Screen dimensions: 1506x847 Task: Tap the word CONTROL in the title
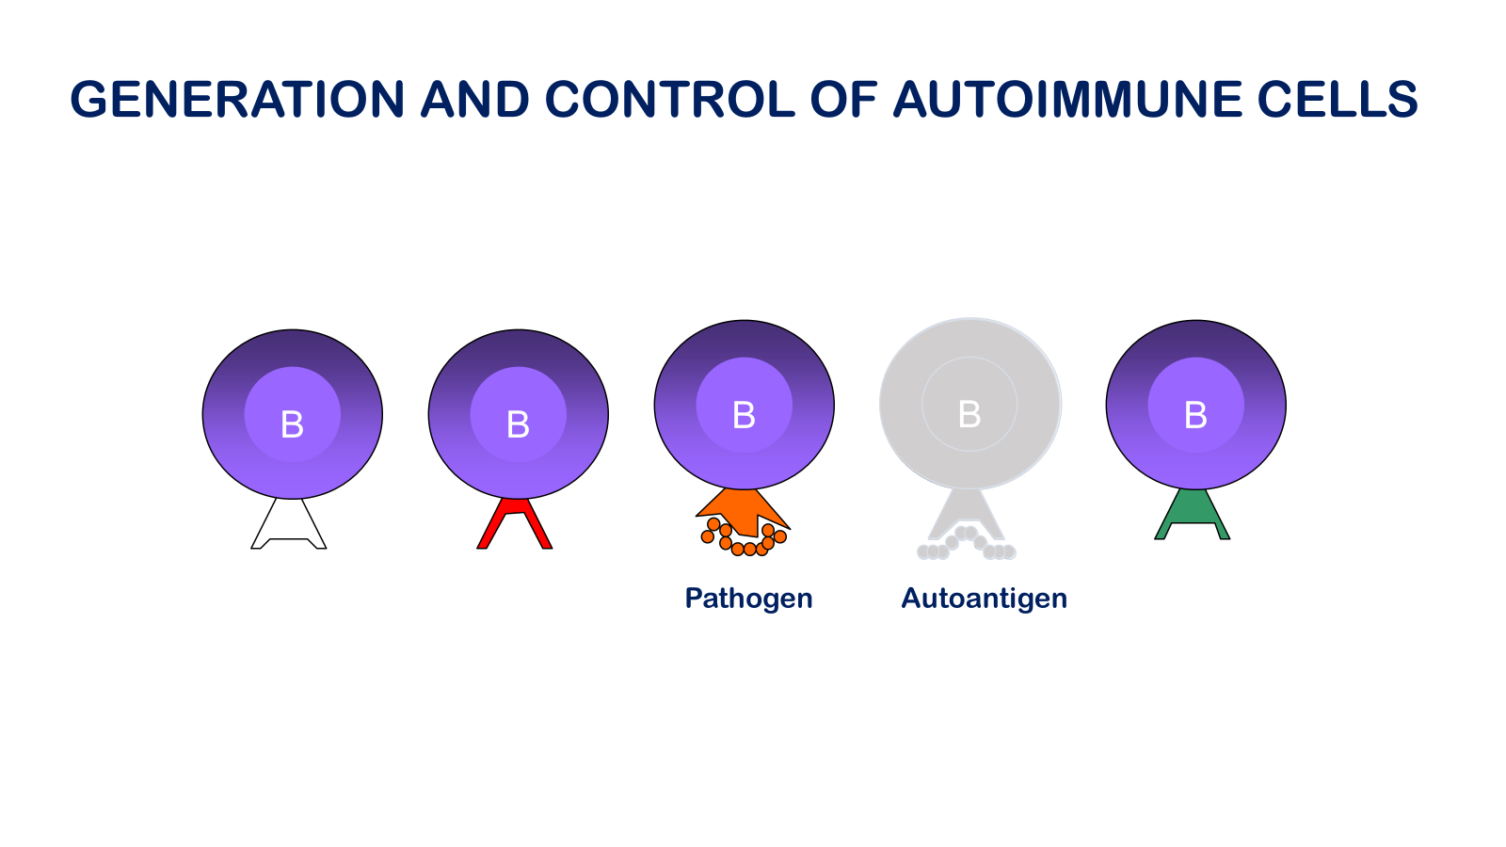pyautogui.click(x=670, y=100)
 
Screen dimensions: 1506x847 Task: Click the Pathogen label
pyautogui.click(x=748, y=599)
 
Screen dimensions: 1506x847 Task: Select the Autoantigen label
pyautogui.click(x=984, y=599)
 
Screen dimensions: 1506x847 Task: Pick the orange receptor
pyautogui.click(x=743, y=509)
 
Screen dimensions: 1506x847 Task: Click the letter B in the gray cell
pyautogui.click(x=969, y=414)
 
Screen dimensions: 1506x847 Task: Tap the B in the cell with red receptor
pyautogui.click(x=518, y=424)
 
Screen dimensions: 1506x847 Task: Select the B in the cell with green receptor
pyautogui.click(x=1195, y=415)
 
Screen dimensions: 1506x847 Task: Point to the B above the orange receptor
pyautogui.click(x=744, y=415)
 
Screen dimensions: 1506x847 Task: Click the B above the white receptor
pyautogui.click(x=292, y=424)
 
